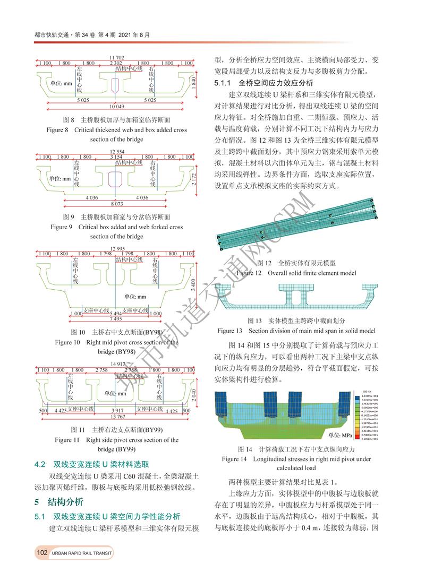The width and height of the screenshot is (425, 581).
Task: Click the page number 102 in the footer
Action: point(42,553)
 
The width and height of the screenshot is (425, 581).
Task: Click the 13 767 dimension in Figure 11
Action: point(117,417)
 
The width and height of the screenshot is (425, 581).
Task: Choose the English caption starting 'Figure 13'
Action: point(296,331)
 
